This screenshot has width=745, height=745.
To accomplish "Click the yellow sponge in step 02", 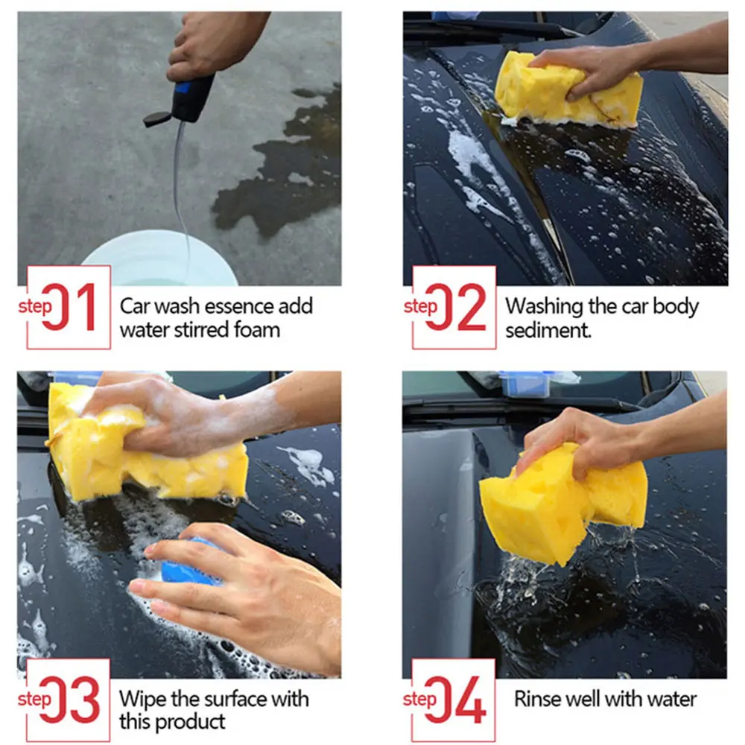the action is (x=568, y=90).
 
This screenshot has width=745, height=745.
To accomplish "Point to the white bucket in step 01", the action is (x=159, y=259).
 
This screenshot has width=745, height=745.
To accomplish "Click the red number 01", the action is (x=69, y=307).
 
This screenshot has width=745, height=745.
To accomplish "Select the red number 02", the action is (x=456, y=307).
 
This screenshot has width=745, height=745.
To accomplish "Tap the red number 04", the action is (x=455, y=700).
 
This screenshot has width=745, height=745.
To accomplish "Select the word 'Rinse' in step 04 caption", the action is (x=536, y=700).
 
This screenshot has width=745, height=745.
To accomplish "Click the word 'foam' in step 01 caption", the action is (x=257, y=330).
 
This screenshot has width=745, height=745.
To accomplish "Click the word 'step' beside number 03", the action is (x=34, y=700).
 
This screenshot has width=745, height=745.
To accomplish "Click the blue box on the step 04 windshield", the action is (x=525, y=383).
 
